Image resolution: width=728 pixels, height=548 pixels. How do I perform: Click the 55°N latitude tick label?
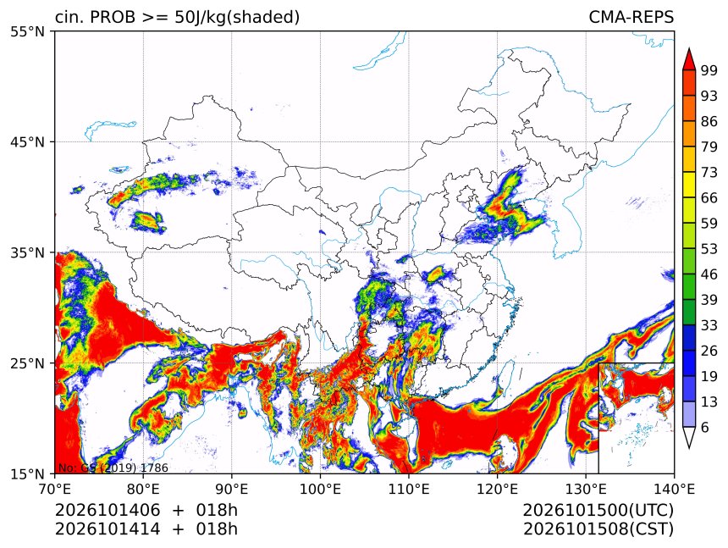28,32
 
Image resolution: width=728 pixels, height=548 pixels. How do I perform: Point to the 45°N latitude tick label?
28,142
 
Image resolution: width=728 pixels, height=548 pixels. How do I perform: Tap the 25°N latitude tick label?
28,363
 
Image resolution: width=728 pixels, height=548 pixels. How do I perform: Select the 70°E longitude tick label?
55,489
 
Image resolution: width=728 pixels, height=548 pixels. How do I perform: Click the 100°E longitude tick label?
320,489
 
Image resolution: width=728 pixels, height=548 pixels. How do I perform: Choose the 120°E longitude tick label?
497,489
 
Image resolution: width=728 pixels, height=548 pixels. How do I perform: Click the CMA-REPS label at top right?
631,17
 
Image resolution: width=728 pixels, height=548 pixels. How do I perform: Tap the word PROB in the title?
113,17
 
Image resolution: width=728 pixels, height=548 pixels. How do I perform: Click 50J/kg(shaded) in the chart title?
237,18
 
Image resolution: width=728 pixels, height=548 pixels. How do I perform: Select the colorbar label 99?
709,71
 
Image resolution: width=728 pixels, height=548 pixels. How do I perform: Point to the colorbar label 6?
705,427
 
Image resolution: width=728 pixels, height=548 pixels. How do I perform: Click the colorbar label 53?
709,249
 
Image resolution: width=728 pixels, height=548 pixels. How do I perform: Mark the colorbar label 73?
709,173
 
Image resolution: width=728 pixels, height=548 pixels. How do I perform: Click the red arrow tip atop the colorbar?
689,49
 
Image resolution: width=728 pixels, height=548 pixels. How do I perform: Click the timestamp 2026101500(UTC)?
598,511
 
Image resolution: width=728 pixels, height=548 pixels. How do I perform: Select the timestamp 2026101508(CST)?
598,529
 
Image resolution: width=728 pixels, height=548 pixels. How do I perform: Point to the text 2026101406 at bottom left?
108,511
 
